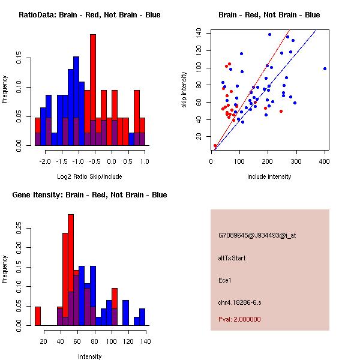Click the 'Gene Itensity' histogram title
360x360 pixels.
(x=89, y=195)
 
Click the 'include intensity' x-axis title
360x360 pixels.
(x=269, y=176)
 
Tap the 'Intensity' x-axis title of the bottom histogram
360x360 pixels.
(x=89, y=356)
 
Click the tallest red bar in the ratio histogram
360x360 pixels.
(x=93, y=90)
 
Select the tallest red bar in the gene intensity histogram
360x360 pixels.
(x=71, y=270)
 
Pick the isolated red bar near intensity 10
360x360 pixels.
(x=38, y=316)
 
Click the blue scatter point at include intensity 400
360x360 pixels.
(x=325, y=68)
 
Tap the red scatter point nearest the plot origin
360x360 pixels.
(x=215, y=146)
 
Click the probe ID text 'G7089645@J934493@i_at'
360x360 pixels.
(x=257, y=235)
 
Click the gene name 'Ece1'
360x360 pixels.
(x=226, y=280)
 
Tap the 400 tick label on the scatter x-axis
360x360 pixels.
(x=325, y=161)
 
